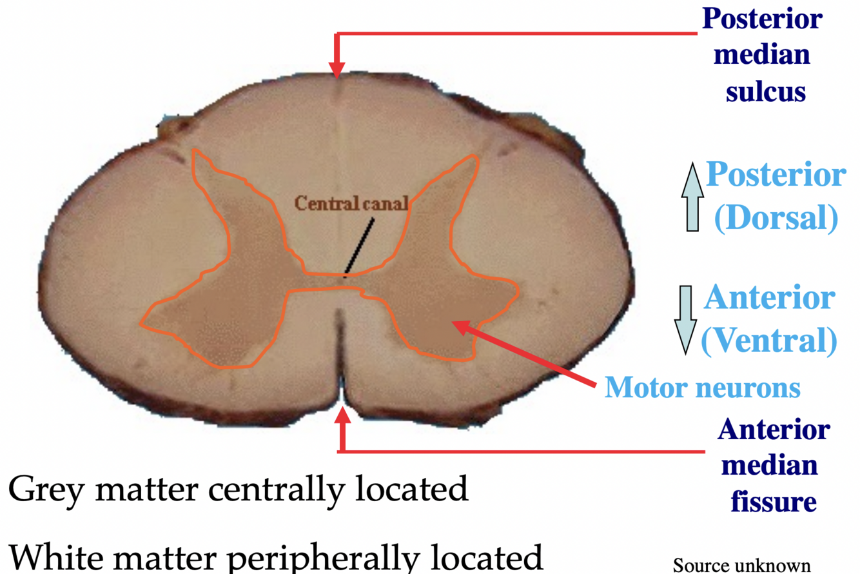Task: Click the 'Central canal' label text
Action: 351,203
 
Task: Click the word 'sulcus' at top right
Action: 766,92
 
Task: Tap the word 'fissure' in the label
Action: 774,500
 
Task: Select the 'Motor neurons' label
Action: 702,387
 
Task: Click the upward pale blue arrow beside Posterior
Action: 692,197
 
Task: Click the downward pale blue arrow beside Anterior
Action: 686,319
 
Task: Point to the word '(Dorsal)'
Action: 776,219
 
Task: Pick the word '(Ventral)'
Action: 768,341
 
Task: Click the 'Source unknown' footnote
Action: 741,565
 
